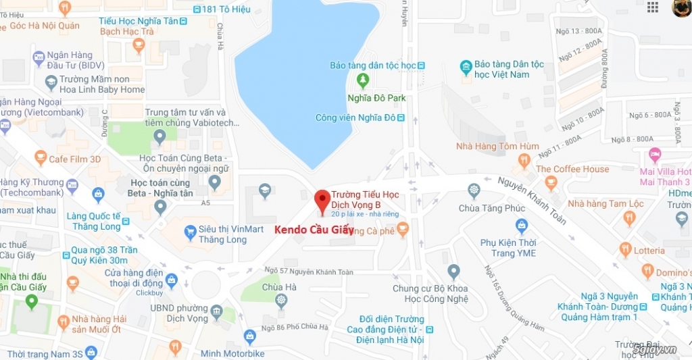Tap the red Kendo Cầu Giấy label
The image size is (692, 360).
pos(314,230)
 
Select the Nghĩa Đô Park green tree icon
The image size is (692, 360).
pos(363,82)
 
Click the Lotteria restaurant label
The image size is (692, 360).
pos(649,251)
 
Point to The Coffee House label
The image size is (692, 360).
pos(572,169)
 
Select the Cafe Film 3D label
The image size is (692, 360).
pos(74,159)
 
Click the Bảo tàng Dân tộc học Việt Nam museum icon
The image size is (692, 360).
pos(466,67)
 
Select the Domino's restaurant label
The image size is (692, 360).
pos(672,272)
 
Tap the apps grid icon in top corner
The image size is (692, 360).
pos(653,7)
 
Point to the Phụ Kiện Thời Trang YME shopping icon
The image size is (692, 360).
pos(521,225)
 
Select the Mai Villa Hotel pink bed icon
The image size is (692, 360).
pos(654,155)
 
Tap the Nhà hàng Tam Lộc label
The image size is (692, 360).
pos(605,203)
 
